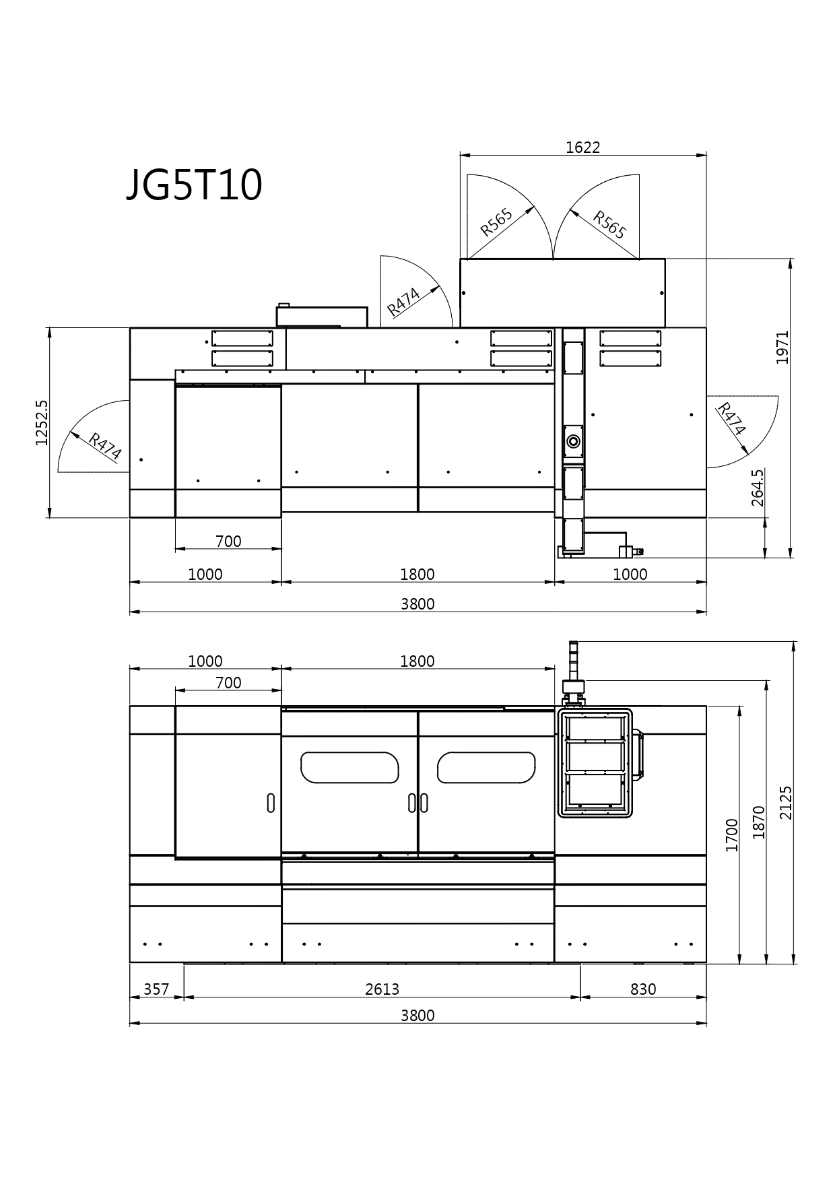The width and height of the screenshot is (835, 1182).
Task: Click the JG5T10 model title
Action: (194, 185)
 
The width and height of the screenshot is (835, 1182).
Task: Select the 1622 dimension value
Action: (582, 147)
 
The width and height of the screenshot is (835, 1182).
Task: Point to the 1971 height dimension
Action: (782, 347)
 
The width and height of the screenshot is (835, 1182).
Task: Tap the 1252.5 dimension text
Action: (42, 422)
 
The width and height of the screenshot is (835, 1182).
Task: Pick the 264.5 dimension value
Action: (758, 488)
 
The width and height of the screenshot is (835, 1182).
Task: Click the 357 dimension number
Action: (156, 989)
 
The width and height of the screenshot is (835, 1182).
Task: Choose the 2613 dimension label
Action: (382, 989)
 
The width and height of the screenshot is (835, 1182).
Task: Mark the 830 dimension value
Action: (643, 989)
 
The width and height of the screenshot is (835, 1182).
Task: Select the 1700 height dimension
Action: (732, 834)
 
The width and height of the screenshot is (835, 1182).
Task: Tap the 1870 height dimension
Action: (759, 822)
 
